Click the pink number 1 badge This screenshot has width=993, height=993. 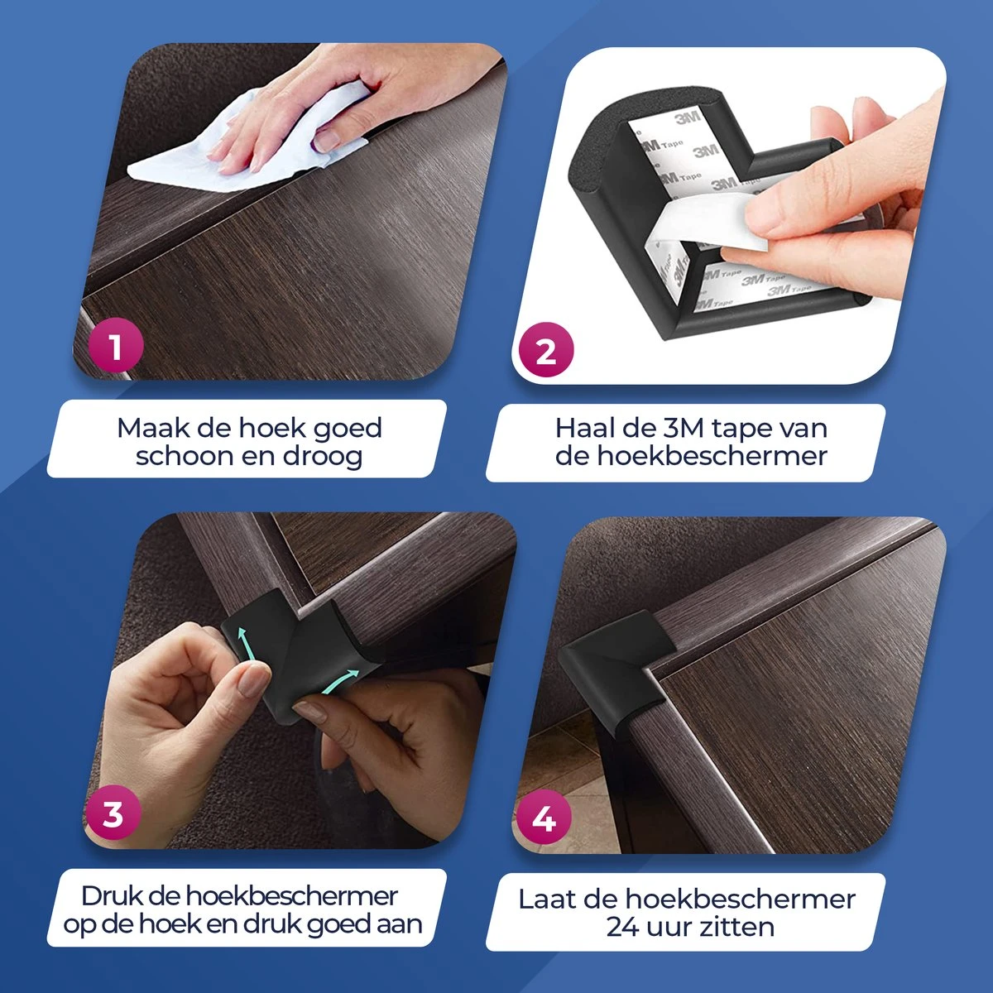coord(116,346)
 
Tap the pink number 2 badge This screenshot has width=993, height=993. coord(546,353)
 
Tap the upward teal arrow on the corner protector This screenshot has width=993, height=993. coord(243,643)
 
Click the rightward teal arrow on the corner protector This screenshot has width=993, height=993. coord(338,679)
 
